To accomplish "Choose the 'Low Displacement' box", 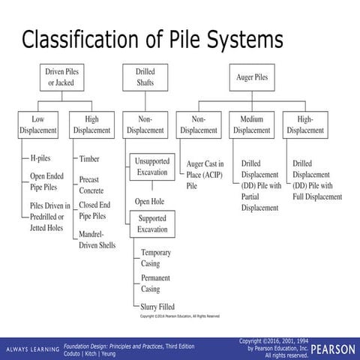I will pyautogui.click(x=38, y=124).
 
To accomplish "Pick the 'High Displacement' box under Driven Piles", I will pyautogui.click(x=91, y=124).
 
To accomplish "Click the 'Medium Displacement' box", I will pyautogui.click(x=252, y=124).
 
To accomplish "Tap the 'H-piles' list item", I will pyautogui.click(x=40, y=159).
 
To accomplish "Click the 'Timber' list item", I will pyautogui.click(x=91, y=159).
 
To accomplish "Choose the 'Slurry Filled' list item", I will pyautogui.click(x=158, y=306).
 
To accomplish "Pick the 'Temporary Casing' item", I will pyautogui.click(x=156, y=258).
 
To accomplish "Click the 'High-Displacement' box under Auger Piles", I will pyautogui.click(x=304, y=124).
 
